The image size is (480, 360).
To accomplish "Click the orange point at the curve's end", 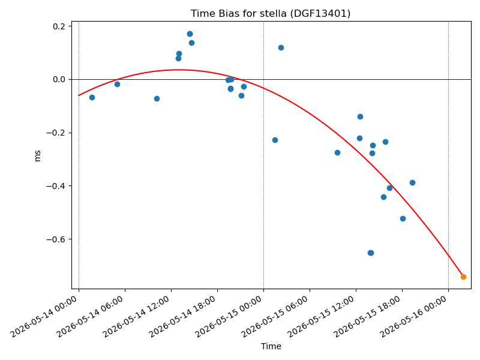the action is [463, 277].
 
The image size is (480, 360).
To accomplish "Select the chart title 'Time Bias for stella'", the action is [238, 13].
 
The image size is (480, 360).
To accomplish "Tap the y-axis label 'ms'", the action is [37, 156].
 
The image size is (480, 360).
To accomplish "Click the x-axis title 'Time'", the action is [271, 346].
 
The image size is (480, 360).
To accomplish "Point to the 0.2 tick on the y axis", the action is [59, 26].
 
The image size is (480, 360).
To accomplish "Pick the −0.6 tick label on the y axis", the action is [56, 239].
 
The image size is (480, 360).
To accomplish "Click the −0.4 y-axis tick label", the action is [56, 186].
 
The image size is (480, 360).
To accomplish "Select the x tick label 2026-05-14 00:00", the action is [44, 316].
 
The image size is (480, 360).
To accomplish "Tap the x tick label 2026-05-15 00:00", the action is [229, 316].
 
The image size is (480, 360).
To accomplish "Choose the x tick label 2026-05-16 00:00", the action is [414, 316].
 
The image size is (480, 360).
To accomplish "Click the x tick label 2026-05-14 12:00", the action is [137, 316].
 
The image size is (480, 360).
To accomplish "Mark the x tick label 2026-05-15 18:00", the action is [368, 316].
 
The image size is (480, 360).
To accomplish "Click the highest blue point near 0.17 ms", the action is [190, 34].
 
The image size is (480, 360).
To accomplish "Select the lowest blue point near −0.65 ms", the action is [371, 253].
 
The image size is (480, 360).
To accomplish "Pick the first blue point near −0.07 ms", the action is [92, 97].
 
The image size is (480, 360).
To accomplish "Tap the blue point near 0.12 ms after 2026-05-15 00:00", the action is [281, 48].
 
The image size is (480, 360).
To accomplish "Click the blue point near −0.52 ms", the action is [403, 218].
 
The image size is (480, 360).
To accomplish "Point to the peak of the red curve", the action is [178, 70].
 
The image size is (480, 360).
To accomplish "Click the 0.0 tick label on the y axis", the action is [59, 80].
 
